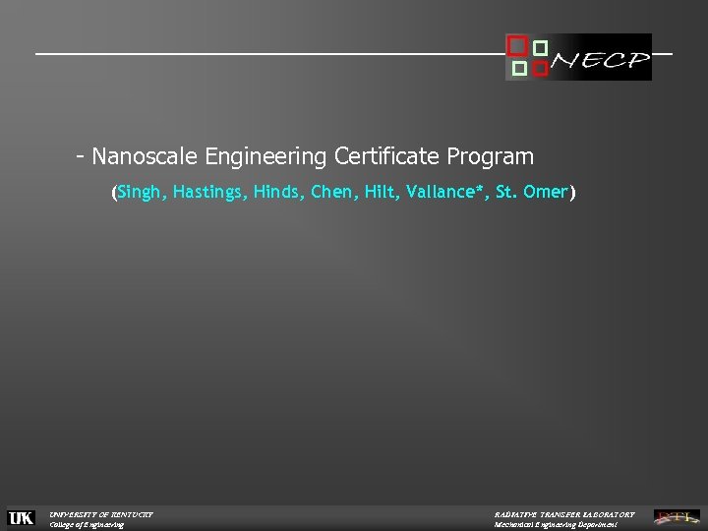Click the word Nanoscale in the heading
pos(145,156)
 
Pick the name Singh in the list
pos(141,193)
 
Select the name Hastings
pos(208,193)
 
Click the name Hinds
pos(277,193)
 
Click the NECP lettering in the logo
pos(600,64)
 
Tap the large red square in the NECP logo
pos(515,45)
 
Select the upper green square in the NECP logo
pos(540,47)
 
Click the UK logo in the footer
pos(21,518)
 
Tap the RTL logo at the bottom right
pos(678,517)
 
